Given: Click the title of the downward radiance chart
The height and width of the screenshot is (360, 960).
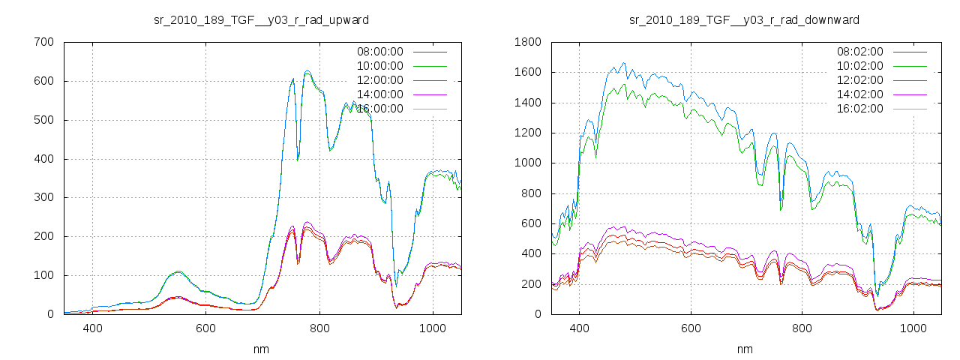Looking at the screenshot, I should tap(744, 19).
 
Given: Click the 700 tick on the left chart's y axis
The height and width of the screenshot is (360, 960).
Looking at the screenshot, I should tap(43, 42).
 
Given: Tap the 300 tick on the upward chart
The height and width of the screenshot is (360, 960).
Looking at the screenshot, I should tap(43, 197).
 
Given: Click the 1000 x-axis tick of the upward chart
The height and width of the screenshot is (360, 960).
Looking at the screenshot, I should tap(432, 328).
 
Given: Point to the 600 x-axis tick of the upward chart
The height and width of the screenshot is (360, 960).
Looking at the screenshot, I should tap(205, 328).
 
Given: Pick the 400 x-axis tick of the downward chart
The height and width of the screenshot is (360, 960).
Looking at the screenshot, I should tap(579, 328).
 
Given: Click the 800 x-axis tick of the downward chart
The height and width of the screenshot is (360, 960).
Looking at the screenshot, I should tap(802, 328).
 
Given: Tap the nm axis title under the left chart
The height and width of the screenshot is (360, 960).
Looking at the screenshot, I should tap(261, 349).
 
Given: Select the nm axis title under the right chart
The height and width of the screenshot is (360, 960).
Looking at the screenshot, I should tap(744, 349).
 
